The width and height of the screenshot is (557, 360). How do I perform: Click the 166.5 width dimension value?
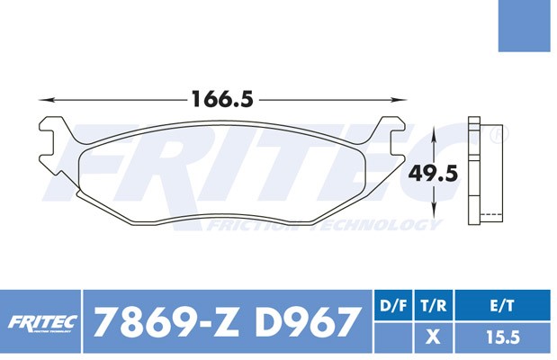[222, 99]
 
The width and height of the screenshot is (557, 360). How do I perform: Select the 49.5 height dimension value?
[433, 174]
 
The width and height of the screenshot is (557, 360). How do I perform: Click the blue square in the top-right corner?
[525, 25]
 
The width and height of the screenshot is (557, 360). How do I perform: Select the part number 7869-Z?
[166, 321]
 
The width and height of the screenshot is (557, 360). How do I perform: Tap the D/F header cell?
[393, 305]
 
